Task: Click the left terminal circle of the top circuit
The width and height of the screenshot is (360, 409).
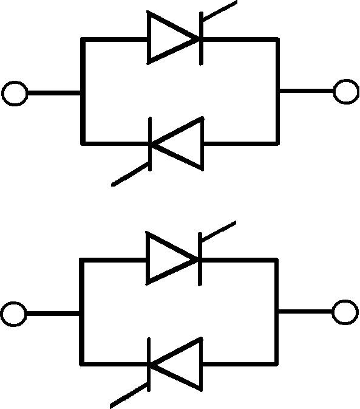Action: pyautogui.click(x=15, y=94)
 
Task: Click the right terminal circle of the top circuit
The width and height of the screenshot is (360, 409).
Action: pyautogui.click(x=346, y=91)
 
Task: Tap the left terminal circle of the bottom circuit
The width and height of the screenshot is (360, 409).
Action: pyautogui.click(x=13, y=314)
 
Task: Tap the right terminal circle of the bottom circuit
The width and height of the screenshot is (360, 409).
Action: pyautogui.click(x=345, y=312)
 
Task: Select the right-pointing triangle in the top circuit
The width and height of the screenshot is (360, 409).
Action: pyautogui.click(x=171, y=40)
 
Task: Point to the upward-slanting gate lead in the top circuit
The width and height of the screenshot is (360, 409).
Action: pyautogui.click(x=219, y=13)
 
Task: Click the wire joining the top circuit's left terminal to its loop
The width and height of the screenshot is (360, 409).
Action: pyautogui.click(x=54, y=94)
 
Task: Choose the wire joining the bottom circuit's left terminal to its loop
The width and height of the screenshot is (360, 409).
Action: pyautogui.click(x=53, y=314)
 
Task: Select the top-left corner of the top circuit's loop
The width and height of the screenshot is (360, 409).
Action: pyautogui.click(x=83, y=40)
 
